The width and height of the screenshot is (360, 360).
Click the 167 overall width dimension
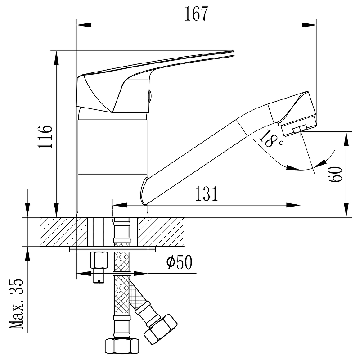pos(196,14)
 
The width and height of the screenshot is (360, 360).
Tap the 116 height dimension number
pos(45,137)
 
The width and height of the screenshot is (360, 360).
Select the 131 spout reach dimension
pos(206,194)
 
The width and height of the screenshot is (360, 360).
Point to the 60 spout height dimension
pos(335,174)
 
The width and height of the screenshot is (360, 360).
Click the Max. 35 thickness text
pos(16,304)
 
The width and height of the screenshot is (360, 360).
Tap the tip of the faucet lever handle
pos(233,53)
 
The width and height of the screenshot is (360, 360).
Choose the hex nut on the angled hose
pos(161,329)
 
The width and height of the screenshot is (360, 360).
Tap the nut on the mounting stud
pos(99,260)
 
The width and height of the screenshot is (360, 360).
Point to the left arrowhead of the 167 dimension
pos(84,25)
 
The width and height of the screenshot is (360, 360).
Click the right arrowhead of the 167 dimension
pos(310,25)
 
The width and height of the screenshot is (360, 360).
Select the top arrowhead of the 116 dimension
pos(57,58)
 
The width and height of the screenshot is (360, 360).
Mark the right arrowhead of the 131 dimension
pos(293,205)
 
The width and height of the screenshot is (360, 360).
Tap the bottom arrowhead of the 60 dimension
pos(346,210)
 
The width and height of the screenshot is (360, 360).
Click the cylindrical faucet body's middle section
pos(112,147)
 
